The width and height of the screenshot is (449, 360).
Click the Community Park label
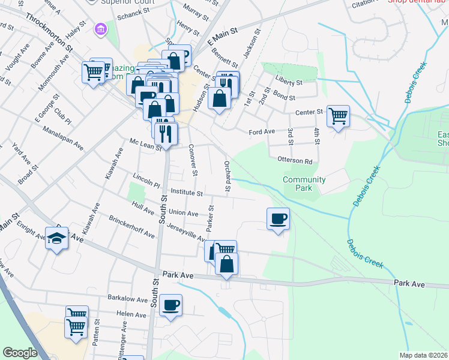click(304, 184)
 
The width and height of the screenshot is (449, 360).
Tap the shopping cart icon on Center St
click(339, 115)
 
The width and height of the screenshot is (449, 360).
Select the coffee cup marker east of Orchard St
click(277, 218)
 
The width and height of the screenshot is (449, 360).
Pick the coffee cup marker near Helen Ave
click(171, 305)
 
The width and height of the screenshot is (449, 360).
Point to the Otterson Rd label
click(295, 161)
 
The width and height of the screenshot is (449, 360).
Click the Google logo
click(19, 353)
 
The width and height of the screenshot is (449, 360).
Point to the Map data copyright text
click(423, 355)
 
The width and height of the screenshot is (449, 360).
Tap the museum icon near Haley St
click(100, 28)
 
